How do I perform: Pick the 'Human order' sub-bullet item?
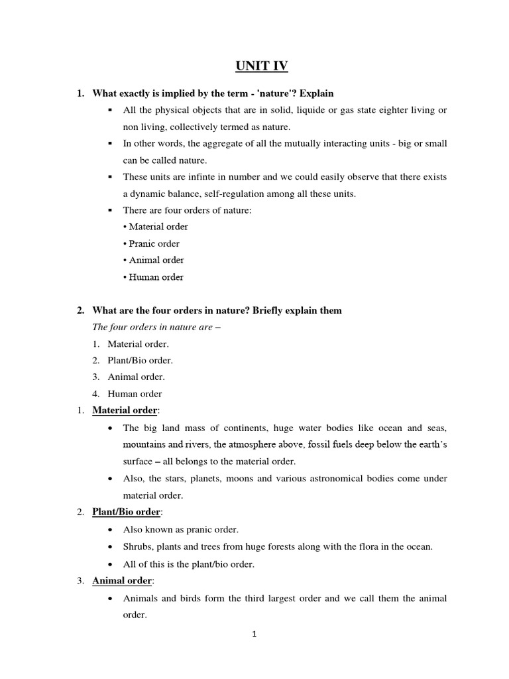153,277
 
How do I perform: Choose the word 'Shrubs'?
137,546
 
